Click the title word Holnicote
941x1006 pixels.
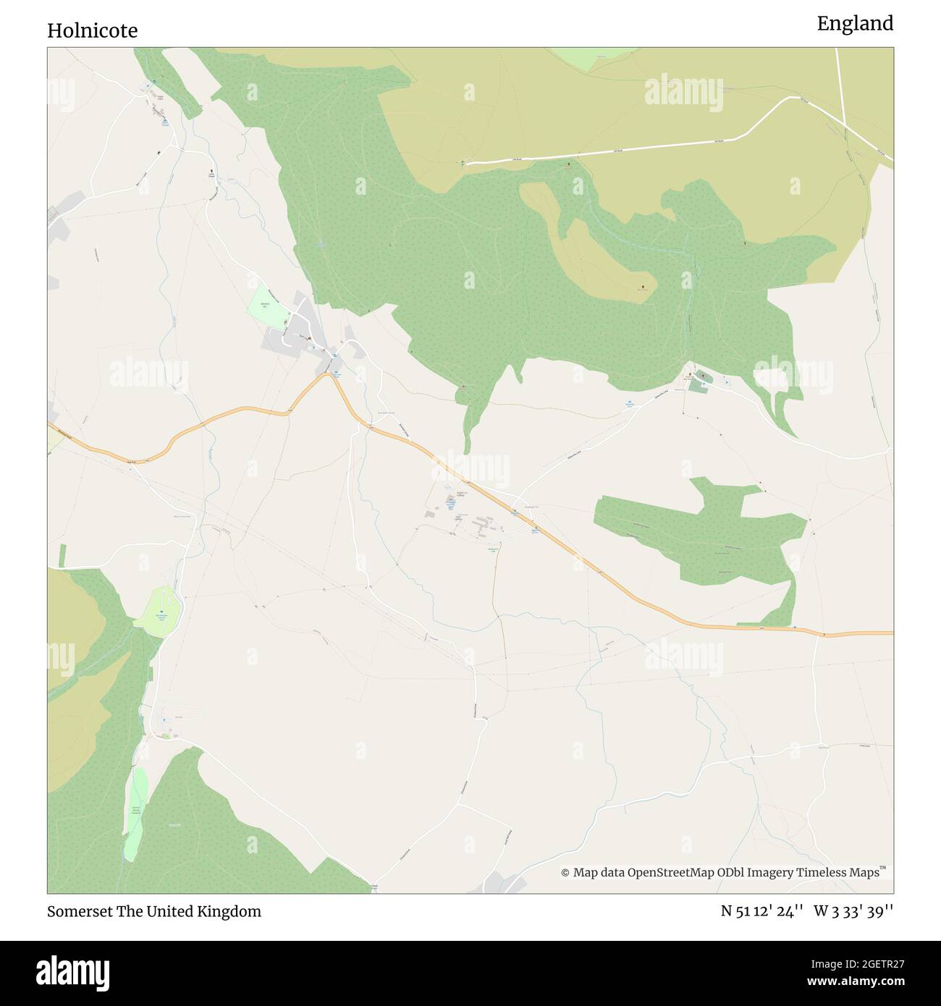point(92,30)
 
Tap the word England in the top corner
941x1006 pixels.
point(855,24)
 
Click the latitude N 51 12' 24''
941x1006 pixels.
point(761,911)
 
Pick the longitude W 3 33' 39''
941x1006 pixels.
point(853,911)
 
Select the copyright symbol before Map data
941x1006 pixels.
point(565,873)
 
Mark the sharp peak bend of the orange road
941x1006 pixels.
point(329,374)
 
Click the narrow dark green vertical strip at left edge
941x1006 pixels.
point(62,555)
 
